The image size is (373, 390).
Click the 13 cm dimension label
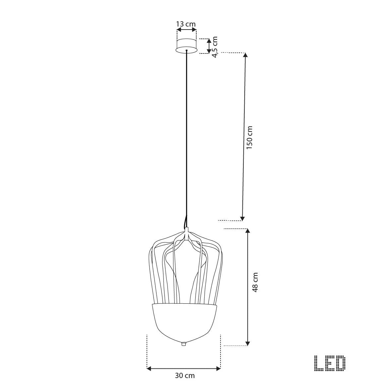(186, 24)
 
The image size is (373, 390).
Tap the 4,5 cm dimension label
(215, 47)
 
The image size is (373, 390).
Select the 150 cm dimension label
(249, 137)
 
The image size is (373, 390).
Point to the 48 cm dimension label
(255, 282)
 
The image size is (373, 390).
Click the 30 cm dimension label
(185, 375)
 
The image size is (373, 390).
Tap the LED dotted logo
(330, 363)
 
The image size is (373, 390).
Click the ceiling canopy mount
(186, 46)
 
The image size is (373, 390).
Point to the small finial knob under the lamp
(184, 344)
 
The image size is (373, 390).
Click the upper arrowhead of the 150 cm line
(246, 55)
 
